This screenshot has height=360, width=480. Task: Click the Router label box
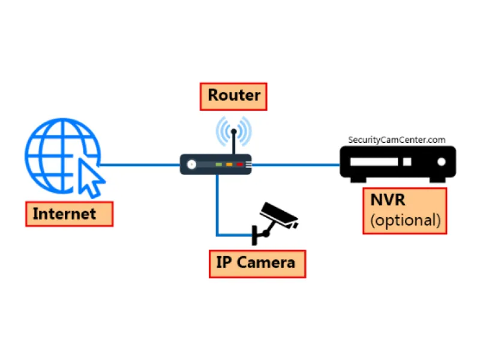point(233,95)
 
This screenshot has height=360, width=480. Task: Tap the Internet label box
point(69,214)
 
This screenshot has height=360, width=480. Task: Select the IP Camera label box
point(257,263)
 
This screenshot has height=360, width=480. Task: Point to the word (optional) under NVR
point(406,220)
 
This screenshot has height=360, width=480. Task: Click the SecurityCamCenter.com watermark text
point(397,140)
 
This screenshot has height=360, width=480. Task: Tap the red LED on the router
point(239,164)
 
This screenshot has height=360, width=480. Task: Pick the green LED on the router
point(219,164)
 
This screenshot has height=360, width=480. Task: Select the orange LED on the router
point(229,164)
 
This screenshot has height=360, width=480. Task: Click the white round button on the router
point(191,164)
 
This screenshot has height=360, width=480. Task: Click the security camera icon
point(280,215)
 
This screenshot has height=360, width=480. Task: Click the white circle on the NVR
point(442,162)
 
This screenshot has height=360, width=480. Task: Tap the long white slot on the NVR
point(375,162)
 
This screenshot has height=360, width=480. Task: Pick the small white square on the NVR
point(407,162)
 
